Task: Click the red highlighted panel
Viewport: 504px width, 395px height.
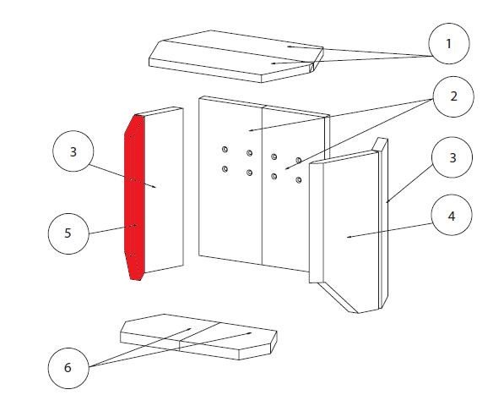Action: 135,197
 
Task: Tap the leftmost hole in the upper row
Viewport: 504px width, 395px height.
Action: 225,149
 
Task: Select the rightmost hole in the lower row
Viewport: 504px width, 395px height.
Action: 299,180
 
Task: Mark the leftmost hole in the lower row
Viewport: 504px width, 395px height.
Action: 225,168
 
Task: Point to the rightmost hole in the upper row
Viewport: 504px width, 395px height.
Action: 299,160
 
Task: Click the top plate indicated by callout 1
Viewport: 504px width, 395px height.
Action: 236,56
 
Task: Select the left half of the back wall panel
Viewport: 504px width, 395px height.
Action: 230,180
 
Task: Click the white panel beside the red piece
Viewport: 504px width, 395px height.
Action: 164,190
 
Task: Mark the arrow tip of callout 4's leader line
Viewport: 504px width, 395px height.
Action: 347,238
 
